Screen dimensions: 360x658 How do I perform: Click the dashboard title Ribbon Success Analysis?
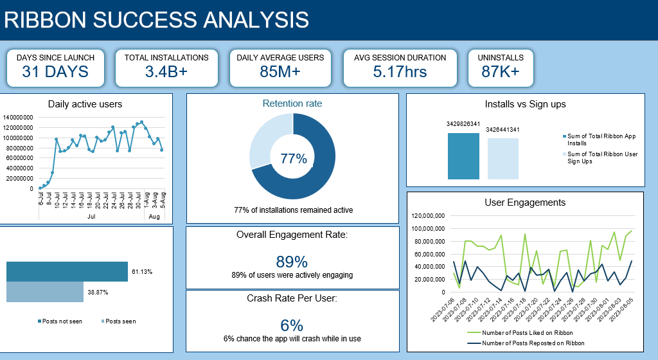point(157,20)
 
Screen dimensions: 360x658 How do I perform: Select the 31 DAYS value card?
point(55,71)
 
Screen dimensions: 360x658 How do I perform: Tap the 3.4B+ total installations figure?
point(166,71)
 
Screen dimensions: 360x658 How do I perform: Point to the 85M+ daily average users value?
point(280,71)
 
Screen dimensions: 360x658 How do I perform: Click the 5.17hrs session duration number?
point(400,71)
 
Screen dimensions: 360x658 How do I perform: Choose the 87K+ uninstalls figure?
point(501,71)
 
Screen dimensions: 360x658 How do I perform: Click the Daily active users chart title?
point(85,104)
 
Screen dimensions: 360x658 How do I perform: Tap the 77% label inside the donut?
point(292,158)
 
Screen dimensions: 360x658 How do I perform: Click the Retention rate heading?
point(292,103)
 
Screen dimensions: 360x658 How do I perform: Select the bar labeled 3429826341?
point(463,156)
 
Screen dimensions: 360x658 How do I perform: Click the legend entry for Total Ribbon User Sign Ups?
point(602,157)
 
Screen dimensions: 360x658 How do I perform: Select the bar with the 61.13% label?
point(67,272)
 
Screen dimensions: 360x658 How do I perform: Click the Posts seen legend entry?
point(119,321)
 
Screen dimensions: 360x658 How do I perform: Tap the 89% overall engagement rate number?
point(292,261)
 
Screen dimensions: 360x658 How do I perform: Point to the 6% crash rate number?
point(292,325)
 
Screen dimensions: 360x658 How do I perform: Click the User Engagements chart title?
point(525,203)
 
